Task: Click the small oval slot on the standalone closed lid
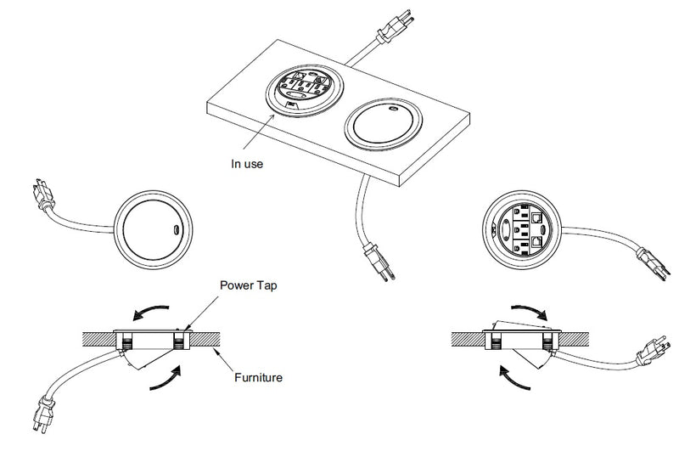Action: click(176, 229)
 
